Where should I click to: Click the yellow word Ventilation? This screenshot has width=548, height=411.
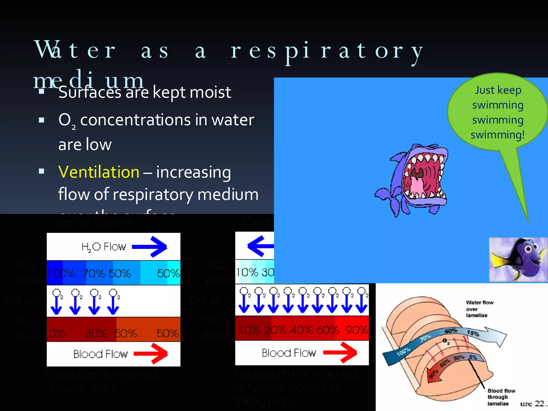click(99, 172)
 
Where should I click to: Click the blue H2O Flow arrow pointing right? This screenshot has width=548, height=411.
click(150, 246)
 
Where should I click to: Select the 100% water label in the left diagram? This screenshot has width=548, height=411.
click(61, 273)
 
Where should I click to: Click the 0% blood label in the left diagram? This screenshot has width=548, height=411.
click(57, 333)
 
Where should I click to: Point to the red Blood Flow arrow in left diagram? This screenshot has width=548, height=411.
click(151, 354)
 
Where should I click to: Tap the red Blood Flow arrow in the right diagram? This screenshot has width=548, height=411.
click(340, 353)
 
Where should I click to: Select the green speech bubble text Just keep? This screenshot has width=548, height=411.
click(498, 90)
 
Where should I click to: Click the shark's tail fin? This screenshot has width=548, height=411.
click(385, 195)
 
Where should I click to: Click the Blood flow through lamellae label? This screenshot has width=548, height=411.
click(501, 397)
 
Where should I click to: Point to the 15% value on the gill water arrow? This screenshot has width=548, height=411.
click(473, 333)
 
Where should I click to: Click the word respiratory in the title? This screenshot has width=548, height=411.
click(326, 51)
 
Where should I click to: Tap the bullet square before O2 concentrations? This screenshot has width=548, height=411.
click(41, 120)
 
